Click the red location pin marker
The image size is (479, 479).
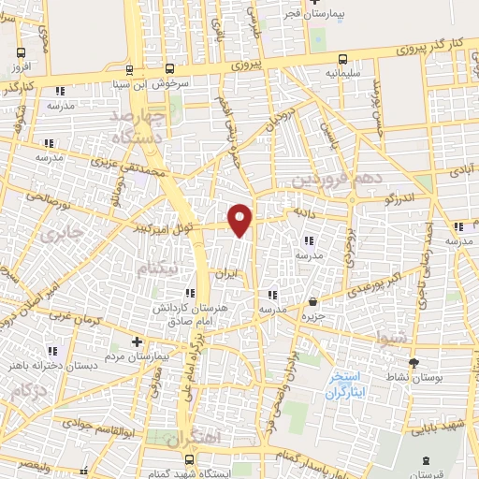240,220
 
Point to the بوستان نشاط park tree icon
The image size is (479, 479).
412,361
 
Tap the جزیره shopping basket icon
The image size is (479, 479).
312,301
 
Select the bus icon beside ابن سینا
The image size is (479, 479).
169,68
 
